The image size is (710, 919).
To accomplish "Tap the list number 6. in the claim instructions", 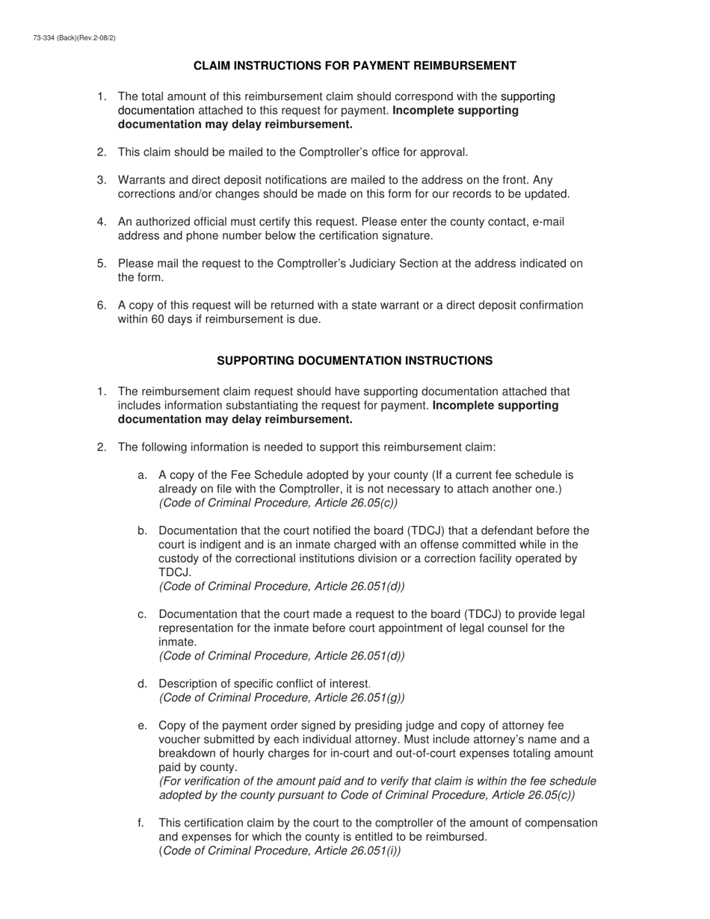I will coord(102,305).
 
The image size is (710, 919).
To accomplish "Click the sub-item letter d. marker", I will coord(142,684).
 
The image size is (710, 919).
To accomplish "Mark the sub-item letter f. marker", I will coord(141,823).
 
